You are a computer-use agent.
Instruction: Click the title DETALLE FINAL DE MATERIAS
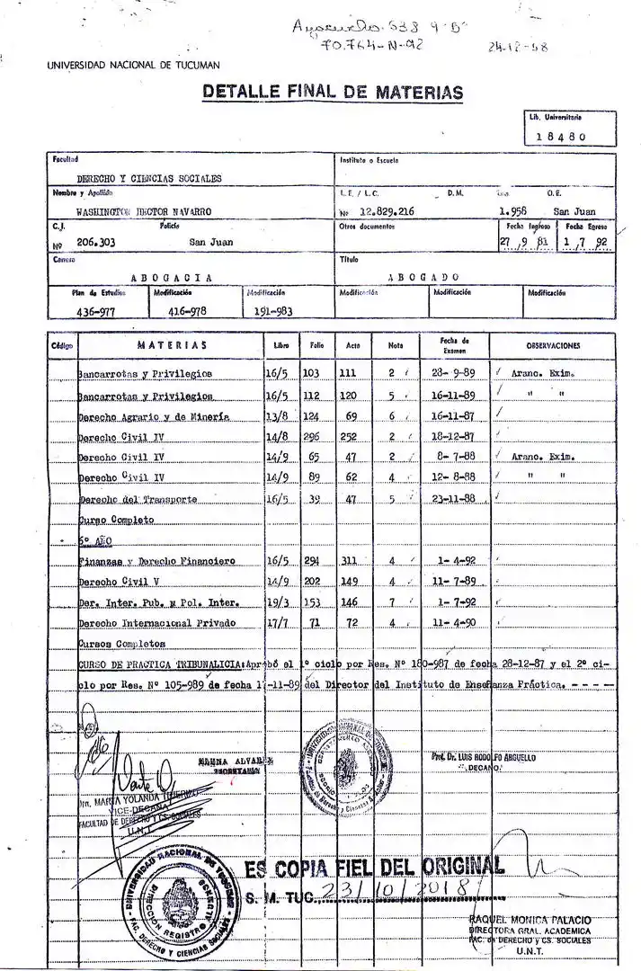click(333, 92)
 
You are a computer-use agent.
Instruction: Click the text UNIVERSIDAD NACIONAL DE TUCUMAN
click(133, 65)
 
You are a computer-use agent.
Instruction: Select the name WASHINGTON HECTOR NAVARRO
click(144, 211)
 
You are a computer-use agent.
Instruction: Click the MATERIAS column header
click(172, 345)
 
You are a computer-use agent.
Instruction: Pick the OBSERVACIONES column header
click(553, 345)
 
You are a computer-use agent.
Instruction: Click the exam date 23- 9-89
click(454, 372)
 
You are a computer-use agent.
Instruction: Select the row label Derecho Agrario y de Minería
click(154, 417)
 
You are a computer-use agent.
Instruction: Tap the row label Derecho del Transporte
click(138, 499)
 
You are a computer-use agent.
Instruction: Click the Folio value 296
click(312, 436)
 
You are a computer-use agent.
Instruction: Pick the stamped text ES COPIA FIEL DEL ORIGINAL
click(373, 868)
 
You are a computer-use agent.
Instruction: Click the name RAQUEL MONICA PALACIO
click(530, 920)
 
